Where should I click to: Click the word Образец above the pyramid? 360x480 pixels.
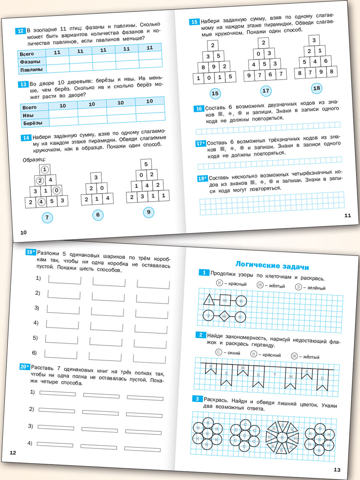35,160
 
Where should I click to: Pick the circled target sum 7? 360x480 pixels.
47,218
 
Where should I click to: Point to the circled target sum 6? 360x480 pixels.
98,215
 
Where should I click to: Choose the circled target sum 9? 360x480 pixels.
148,212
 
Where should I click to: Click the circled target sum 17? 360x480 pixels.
266,91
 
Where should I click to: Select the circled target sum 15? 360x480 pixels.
215,94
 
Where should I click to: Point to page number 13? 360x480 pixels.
336,470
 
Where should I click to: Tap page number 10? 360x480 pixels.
23,232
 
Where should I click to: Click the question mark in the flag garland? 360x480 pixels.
274,375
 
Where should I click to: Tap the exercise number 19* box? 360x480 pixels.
30,252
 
